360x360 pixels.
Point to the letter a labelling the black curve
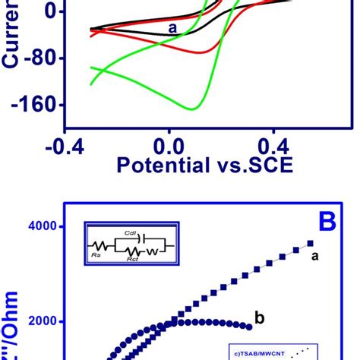point(172,27)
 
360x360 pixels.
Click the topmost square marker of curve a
point(310,244)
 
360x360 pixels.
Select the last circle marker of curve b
point(249,327)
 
